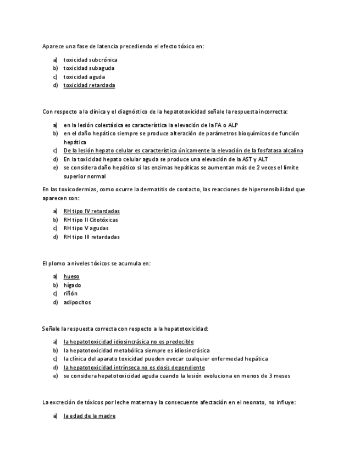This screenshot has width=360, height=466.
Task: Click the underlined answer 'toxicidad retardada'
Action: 89,86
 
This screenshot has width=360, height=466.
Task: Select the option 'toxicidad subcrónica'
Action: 90,60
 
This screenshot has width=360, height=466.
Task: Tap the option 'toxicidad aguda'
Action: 84,77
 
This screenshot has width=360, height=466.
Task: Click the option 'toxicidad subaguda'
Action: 88,68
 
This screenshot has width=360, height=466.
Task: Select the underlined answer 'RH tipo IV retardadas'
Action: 91,211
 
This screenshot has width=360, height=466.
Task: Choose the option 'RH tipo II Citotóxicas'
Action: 91,220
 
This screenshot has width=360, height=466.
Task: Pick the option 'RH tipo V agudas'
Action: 86,228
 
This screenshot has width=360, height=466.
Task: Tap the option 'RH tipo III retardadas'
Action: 91,237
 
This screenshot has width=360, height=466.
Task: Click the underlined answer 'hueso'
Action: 71,276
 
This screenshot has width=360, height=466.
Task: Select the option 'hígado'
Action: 72,285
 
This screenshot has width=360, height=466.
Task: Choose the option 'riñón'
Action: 70,293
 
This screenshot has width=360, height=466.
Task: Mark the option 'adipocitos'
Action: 77,302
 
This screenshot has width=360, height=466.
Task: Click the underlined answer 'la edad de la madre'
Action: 89,416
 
